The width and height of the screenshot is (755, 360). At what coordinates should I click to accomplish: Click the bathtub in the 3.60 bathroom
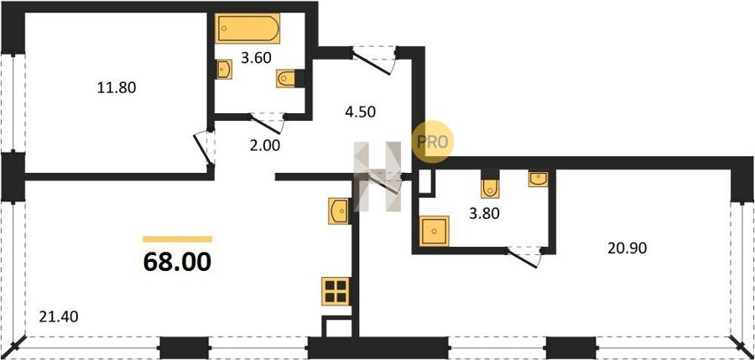[247, 29]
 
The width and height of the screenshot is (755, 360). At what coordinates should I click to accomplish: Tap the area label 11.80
[117, 88]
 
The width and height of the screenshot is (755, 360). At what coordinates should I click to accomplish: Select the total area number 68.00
[177, 262]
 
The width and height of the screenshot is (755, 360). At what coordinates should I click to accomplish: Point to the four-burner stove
[336, 291]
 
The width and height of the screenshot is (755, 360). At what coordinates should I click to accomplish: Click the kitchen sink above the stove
[339, 211]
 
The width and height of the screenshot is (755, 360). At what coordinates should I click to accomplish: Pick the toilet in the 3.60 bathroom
[286, 78]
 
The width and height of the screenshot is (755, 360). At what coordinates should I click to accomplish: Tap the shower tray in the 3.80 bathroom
[435, 231]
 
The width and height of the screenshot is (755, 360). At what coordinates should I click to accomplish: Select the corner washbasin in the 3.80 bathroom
[538, 179]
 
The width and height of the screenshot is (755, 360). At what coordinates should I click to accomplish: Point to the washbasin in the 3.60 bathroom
[224, 70]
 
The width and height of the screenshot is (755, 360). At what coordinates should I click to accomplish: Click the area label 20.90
[627, 248]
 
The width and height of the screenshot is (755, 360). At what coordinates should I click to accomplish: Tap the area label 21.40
[58, 317]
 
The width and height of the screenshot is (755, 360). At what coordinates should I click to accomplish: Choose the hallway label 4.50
[360, 112]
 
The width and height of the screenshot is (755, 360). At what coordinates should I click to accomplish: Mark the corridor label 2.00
[265, 145]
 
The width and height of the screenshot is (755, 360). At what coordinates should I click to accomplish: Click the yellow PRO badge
[433, 141]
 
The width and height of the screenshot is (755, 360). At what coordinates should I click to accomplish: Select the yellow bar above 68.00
[177, 239]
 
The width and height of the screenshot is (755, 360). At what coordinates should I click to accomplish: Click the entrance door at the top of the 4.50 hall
[373, 60]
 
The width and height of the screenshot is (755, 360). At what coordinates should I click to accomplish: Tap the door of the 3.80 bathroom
[524, 257]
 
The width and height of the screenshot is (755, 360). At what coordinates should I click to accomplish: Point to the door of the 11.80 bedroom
[204, 149]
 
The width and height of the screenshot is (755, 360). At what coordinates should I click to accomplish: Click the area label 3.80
[484, 213]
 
